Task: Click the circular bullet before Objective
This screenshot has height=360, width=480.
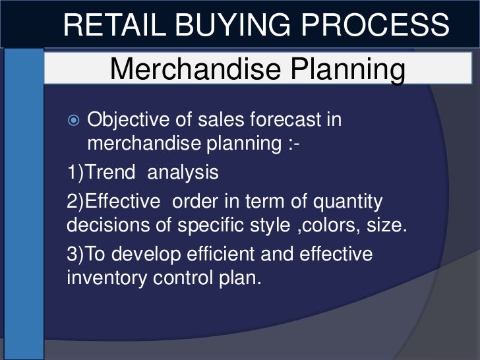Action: click(74, 121)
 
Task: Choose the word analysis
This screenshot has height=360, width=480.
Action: click(183, 173)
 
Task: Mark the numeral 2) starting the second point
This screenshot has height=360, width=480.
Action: click(76, 200)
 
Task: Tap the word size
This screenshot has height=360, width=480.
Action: click(386, 224)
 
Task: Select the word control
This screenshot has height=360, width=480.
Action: click(186, 278)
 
